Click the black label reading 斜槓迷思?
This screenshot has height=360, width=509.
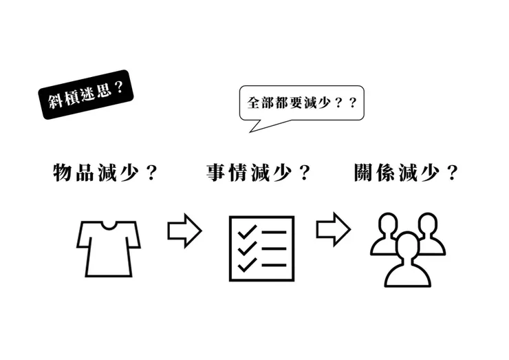pyautogui.click(x=86, y=94)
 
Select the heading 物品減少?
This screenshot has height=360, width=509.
pyautogui.click(x=105, y=173)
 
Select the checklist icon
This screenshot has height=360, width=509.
pyautogui.click(x=261, y=248)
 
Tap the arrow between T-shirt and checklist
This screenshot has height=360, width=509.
pyautogui.click(x=184, y=230)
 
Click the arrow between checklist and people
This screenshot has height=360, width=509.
pyautogui.click(x=334, y=230)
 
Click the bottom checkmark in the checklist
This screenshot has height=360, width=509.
pyautogui.click(x=246, y=264)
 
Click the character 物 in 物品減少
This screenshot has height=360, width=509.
pyautogui.click(x=63, y=173)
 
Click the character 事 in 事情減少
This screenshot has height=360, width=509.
pyautogui.click(x=217, y=173)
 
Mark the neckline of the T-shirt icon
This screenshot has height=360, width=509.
pyautogui.click(x=108, y=224)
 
